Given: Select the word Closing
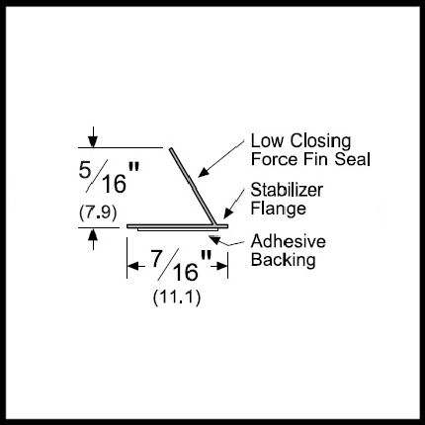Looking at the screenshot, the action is [x=320, y=142].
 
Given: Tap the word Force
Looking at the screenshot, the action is [x=275, y=159].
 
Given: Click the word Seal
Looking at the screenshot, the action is [x=352, y=159].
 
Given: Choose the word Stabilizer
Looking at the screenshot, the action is [x=287, y=190].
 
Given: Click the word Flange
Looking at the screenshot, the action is [x=279, y=210].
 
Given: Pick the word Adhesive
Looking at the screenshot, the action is [x=289, y=241].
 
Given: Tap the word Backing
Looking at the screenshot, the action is [x=284, y=260].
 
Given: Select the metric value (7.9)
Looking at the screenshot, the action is [x=98, y=212].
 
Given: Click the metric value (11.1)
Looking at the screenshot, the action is [x=177, y=297].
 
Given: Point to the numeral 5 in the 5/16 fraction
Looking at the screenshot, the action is [x=85, y=170].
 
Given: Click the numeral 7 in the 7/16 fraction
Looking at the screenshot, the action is [x=157, y=258].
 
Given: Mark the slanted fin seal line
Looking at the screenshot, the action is [x=194, y=187].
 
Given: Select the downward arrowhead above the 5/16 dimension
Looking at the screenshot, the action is [x=93, y=141].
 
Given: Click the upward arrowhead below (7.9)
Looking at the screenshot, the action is [x=93, y=234].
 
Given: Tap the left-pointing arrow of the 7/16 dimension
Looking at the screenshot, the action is [x=135, y=266].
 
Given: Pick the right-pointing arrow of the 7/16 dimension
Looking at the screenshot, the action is [x=219, y=266].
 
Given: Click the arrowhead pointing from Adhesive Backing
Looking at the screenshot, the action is [x=214, y=240].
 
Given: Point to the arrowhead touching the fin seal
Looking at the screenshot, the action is [x=203, y=172].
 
